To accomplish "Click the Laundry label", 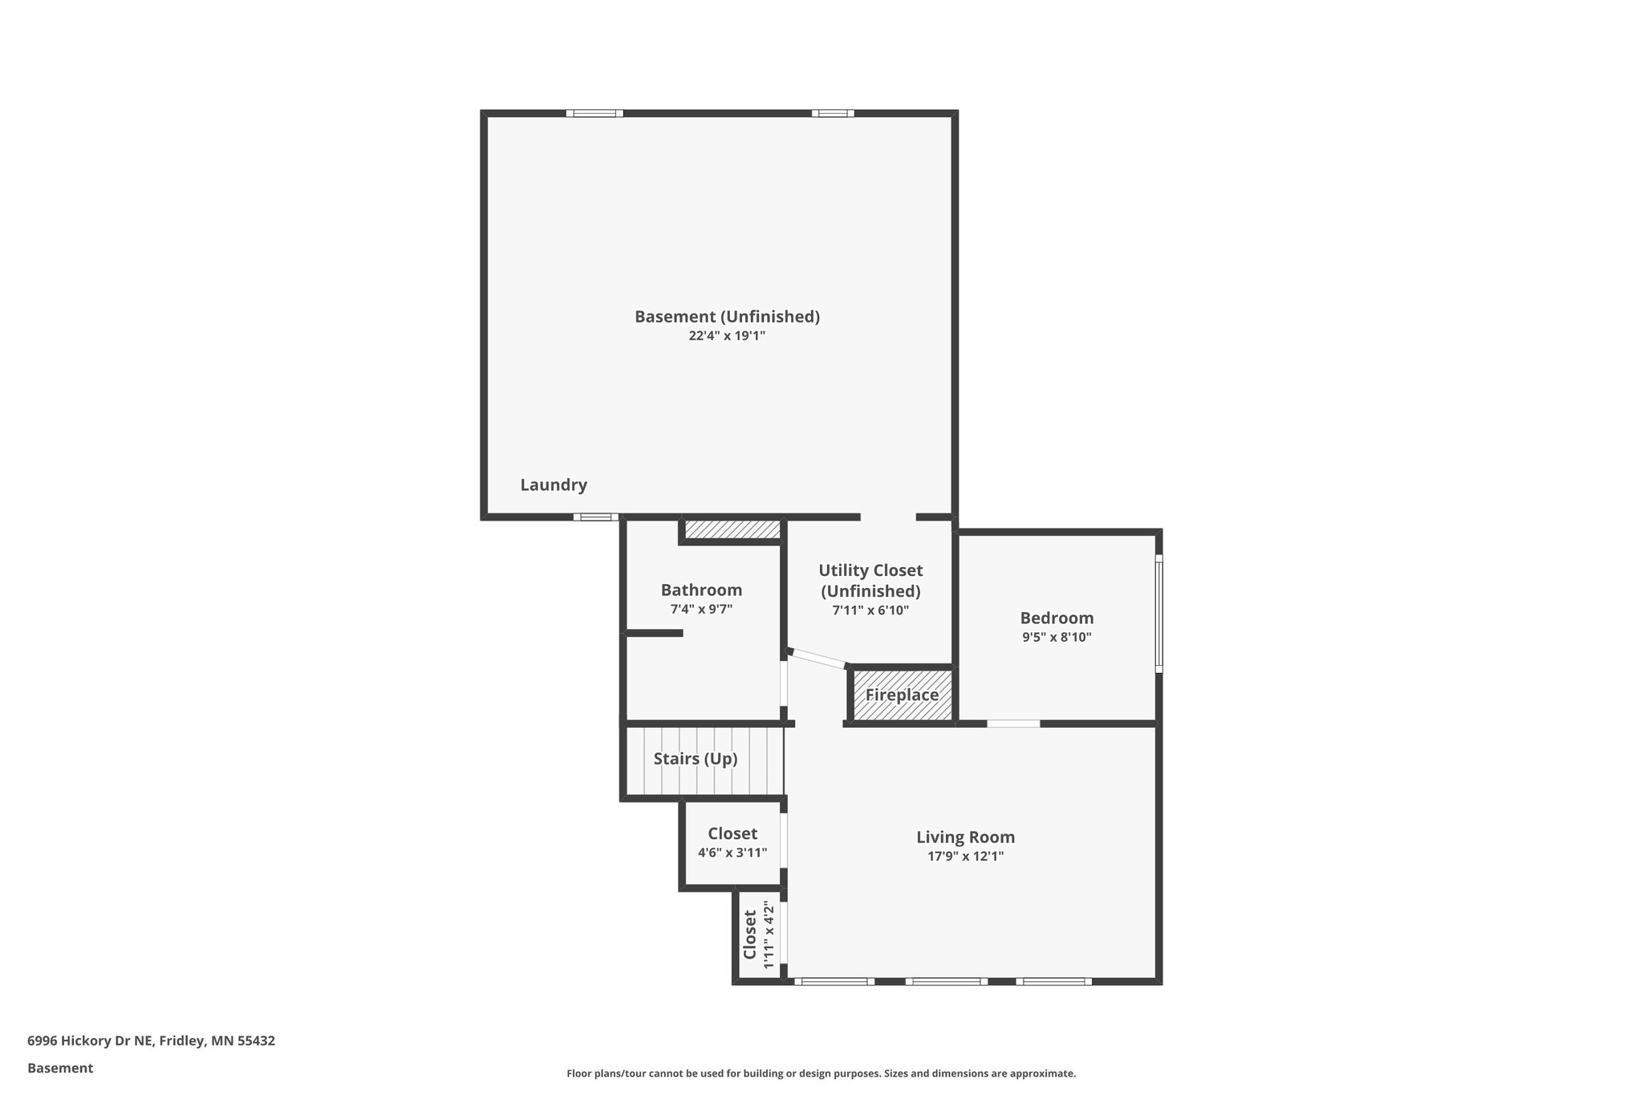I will pos(554,485).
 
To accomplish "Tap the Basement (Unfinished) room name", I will pos(727,316).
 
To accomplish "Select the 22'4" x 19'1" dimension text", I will pos(727,336).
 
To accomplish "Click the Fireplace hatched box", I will pos(902,695).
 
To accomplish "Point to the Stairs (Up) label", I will pos(695,759).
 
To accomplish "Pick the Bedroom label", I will pos(1057,618).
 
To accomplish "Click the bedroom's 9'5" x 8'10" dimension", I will pos(1057,638).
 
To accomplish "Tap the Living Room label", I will pos(965,837).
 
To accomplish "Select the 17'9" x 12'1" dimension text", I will pos(965,856).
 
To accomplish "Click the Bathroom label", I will pos(701,590).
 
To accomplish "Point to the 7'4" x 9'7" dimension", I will pos(701,609).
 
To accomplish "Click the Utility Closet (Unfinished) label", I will pos(870,580).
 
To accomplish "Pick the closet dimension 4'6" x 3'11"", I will pos(732,853).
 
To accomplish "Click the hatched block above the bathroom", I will pos(732,529).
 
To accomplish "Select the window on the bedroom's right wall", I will pos(1158,614).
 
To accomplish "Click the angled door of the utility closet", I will pos(817,658).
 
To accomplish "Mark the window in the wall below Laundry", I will pos(595,517).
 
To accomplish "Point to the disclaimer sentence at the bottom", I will pos(821,1073).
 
